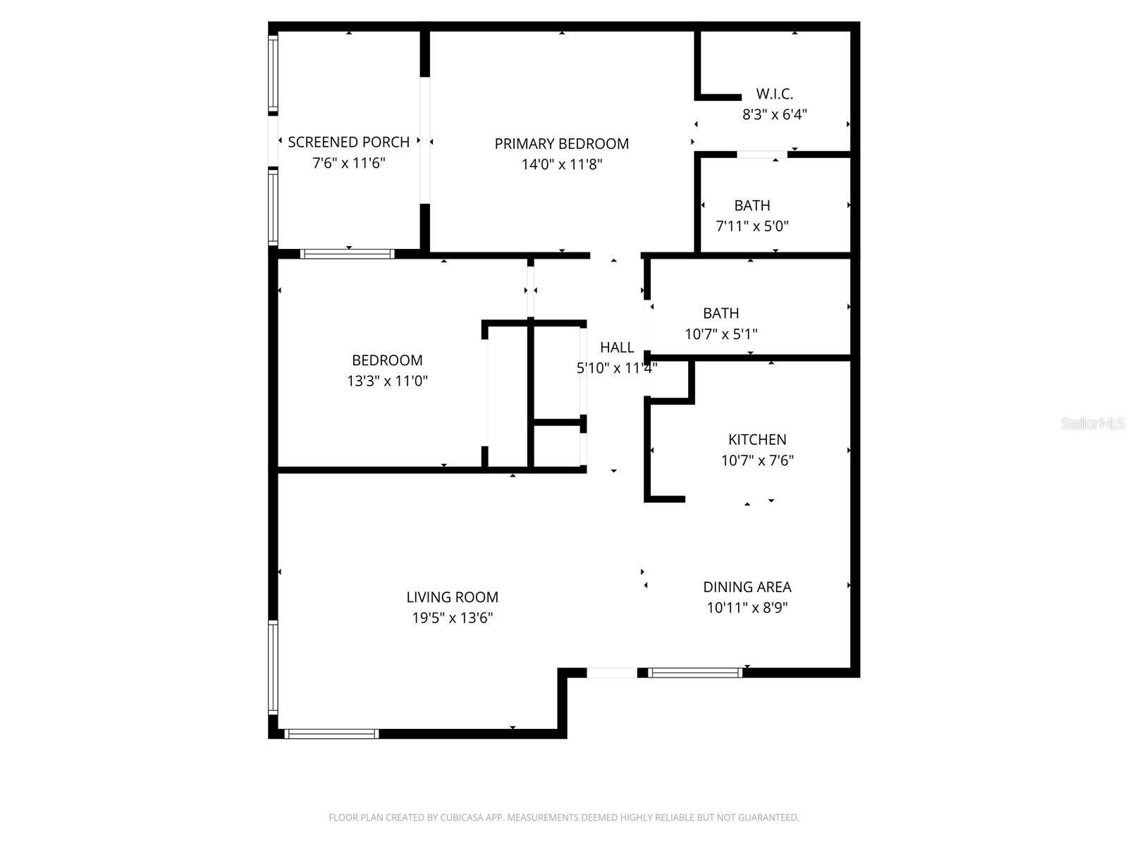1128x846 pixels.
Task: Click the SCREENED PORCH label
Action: pyautogui.click(x=348, y=142)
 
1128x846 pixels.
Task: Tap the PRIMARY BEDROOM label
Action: pyautogui.click(x=561, y=144)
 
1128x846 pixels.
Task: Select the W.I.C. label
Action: pyautogui.click(x=774, y=93)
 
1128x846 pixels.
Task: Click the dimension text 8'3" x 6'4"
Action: pyautogui.click(x=774, y=114)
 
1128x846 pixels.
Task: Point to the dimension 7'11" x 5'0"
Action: pyautogui.click(x=752, y=226)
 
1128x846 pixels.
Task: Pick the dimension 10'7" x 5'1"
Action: pyautogui.click(x=721, y=334)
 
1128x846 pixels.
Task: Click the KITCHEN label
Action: pyautogui.click(x=757, y=439)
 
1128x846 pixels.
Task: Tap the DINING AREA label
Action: pyautogui.click(x=747, y=587)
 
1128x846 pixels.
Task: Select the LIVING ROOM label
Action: pyautogui.click(x=452, y=597)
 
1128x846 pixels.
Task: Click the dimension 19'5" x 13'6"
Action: pyautogui.click(x=452, y=618)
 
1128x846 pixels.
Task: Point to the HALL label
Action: pyautogui.click(x=617, y=347)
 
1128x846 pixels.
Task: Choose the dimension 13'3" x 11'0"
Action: pyautogui.click(x=387, y=381)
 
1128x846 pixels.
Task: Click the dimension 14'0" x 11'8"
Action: pyautogui.click(x=561, y=165)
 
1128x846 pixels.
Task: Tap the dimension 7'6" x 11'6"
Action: pyautogui.click(x=348, y=163)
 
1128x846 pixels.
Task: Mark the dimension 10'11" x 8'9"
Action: pyautogui.click(x=747, y=608)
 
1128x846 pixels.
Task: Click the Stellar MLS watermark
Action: pyautogui.click(x=1093, y=423)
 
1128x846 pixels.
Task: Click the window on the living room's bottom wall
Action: pyautogui.click(x=331, y=734)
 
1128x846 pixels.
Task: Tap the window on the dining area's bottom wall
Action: pyautogui.click(x=695, y=673)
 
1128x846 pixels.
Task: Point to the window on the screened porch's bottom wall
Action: pyautogui.click(x=347, y=254)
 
